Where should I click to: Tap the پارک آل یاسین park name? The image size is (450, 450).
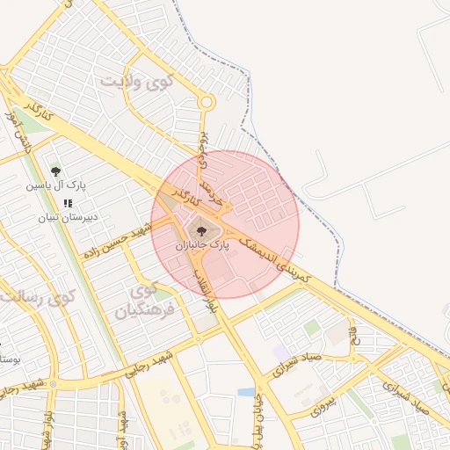(x=55, y=186)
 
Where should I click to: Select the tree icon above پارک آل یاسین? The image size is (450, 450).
(x=56, y=172)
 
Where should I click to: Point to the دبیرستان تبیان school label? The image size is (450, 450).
(x=67, y=216)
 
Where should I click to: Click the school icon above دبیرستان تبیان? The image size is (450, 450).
(x=68, y=203)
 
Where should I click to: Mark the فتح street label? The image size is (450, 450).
(x=355, y=335)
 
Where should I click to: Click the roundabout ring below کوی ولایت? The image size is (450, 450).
(x=207, y=103)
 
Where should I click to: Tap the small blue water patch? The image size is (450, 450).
(x=246, y=392)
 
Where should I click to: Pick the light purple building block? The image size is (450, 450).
(x=280, y=352)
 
